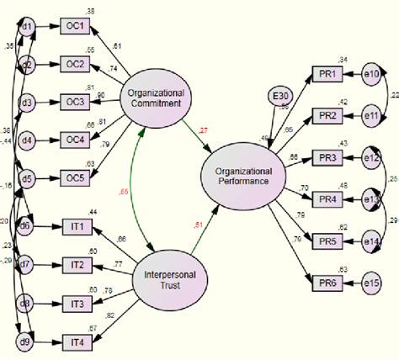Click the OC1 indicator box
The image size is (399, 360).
[x=77, y=26]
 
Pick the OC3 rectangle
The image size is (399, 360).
[x=77, y=103]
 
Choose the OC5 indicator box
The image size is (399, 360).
[x=77, y=177]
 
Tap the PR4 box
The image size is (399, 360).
[x=327, y=199]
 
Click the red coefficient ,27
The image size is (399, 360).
[x=202, y=131]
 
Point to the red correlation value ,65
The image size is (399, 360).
[x=125, y=193]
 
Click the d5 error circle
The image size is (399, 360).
[x=27, y=177]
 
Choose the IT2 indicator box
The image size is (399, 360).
[x=77, y=265]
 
